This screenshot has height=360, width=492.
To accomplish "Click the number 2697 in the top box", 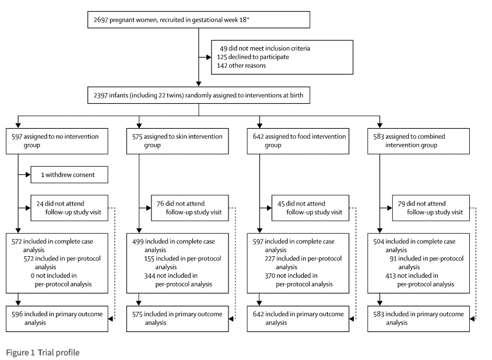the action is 101,20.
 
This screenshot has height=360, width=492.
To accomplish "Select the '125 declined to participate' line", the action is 253,57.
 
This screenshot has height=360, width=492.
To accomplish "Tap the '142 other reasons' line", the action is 241,66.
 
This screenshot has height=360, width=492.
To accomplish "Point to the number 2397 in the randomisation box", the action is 100,96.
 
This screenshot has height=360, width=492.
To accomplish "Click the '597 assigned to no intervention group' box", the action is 57,141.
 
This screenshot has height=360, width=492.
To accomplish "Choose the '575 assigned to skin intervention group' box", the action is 177,141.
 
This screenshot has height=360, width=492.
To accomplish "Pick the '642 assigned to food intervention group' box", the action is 298,141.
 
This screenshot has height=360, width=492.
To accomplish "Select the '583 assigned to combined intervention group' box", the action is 419,141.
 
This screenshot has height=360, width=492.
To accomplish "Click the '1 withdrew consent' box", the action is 69,175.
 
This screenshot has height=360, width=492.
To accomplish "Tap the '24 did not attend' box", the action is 69,208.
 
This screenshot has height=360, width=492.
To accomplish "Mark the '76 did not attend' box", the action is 189,208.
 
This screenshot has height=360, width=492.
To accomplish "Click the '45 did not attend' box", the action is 310,208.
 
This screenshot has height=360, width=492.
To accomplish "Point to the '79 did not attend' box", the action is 431,208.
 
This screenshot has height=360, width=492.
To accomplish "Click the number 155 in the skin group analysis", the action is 149,259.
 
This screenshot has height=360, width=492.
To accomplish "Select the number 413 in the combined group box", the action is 391,276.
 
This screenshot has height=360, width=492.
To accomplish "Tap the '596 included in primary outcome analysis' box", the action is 57,319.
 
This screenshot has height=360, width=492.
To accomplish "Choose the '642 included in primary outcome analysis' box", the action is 298,319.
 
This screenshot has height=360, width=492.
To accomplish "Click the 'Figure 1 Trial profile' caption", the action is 43,352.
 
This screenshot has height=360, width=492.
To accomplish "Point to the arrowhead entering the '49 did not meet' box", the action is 209,57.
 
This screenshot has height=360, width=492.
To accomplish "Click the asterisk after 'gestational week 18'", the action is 248,19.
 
